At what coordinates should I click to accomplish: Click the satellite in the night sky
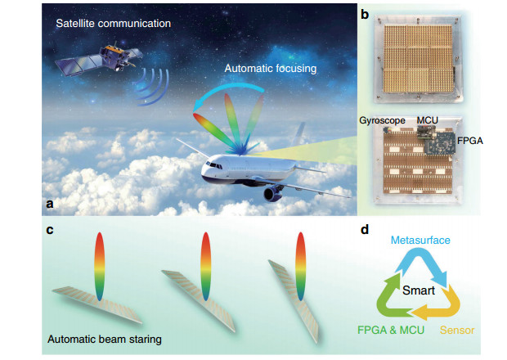[99, 59]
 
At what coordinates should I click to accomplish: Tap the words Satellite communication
[113, 23]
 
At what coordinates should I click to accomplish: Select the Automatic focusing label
[271, 69]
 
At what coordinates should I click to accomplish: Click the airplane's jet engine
[272, 193]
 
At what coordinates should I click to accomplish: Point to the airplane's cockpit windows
[214, 165]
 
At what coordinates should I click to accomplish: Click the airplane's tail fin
[298, 133]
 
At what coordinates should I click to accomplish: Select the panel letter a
[49, 204]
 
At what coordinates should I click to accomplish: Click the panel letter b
[365, 14]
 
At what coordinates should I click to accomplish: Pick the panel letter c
[49, 230]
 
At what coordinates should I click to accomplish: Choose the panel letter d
[365, 229]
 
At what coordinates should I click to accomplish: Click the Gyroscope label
[382, 120]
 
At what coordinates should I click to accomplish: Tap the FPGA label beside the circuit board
[470, 141]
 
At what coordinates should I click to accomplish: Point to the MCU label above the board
[427, 120]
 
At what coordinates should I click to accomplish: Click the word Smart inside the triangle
[419, 290]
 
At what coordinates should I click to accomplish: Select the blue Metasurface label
[420, 240]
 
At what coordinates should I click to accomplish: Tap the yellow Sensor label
[457, 330]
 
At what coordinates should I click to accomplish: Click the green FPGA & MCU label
[391, 330]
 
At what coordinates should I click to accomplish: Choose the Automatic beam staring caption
[105, 340]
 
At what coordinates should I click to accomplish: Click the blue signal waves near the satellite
[153, 87]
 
